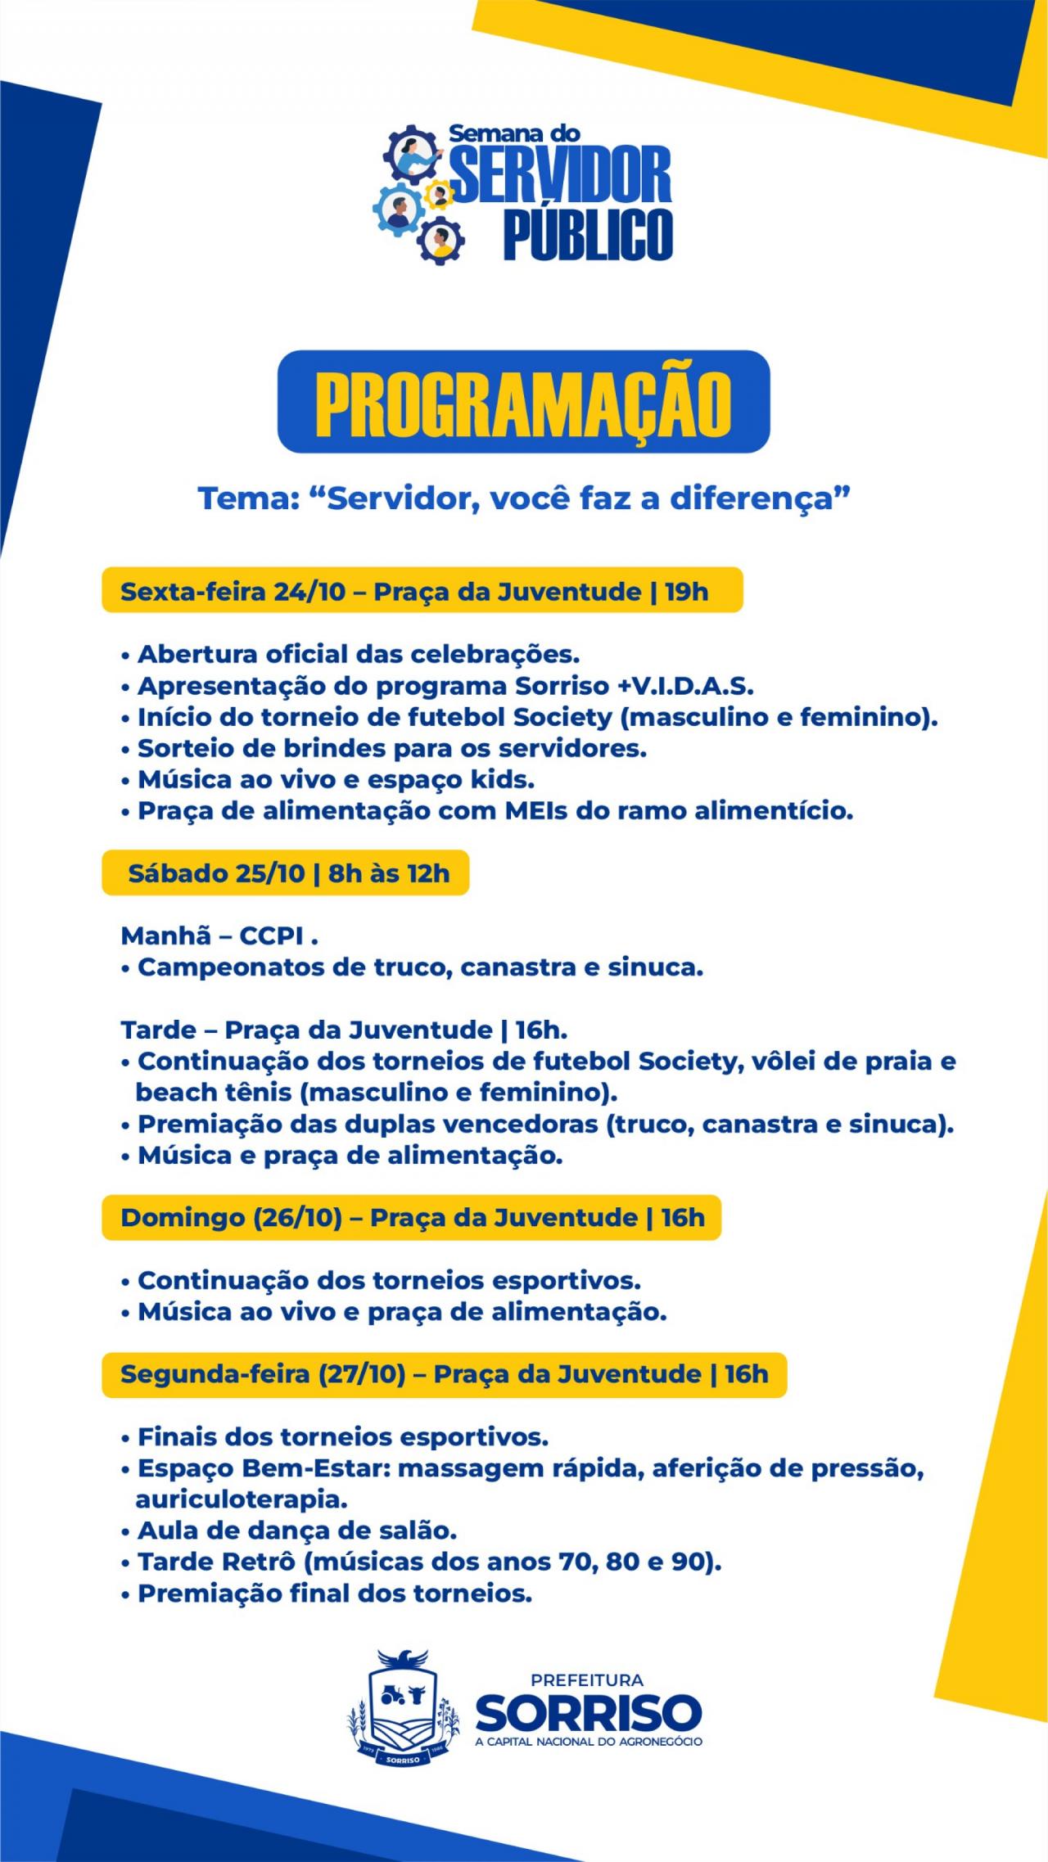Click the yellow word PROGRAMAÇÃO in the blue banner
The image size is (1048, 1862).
click(523, 404)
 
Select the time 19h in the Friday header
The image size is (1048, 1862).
click(686, 592)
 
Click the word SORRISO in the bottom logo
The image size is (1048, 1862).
click(588, 1712)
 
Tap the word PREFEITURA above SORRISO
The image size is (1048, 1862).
click(587, 1680)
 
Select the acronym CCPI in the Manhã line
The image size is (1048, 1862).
click(271, 936)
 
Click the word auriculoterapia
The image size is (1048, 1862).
click(242, 1499)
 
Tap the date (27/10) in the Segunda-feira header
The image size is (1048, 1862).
click(361, 1374)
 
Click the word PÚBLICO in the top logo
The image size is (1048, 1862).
click(588, 234)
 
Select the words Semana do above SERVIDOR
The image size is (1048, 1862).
click(514, 133)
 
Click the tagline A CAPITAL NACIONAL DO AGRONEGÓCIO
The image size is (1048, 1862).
click(588, 1742)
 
